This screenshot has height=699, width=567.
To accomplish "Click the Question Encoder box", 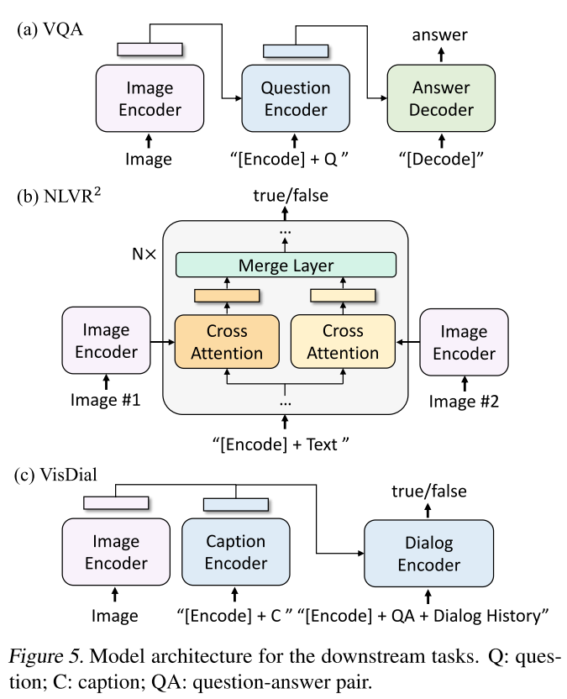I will tap(294, 98).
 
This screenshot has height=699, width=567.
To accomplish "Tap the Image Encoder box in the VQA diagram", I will tap(150, 98).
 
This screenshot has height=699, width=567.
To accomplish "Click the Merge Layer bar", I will tap(286, 265).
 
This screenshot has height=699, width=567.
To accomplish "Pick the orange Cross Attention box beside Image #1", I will tap(226, 341).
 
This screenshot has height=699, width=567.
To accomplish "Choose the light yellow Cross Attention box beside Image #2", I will tap(343, 341).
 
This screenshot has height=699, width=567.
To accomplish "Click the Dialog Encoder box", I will tap(428, 553).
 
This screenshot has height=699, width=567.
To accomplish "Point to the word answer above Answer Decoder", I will tap(439, 34).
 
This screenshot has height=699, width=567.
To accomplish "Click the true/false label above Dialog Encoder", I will tap(429, 491).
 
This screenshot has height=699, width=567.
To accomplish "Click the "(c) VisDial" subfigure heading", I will tap(55, 473).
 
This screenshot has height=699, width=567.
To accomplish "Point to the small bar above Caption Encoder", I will tap(236, 503).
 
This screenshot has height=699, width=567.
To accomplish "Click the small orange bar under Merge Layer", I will tap(226, 295).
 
